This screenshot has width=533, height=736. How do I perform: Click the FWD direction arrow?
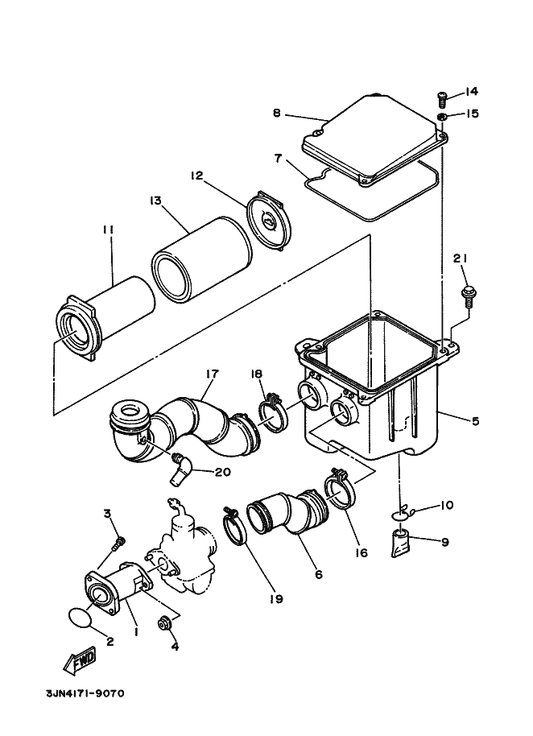tap(79, 661)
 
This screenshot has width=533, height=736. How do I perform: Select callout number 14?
tap(472, 91)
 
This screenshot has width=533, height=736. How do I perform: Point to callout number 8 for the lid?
tap(277, 113)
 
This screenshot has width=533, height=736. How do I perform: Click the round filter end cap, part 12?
tap(268, 221)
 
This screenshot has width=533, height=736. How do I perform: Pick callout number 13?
tap(155, 201)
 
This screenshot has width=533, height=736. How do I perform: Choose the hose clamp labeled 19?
tap(234, 526)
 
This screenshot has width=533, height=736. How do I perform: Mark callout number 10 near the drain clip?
tap(446, 505)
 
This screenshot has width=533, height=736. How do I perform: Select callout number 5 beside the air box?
tap(475, 421)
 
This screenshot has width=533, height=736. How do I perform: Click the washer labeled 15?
tap(441, 117)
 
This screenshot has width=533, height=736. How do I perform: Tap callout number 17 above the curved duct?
tap(212, 374)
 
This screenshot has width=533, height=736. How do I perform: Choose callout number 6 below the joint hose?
tap(319, 574)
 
